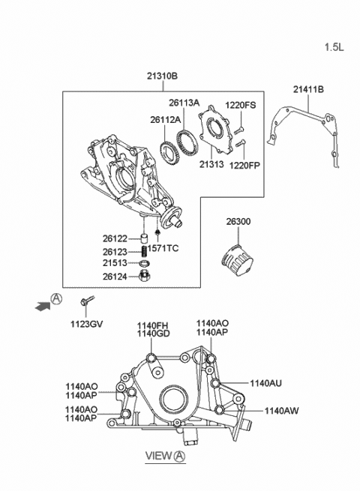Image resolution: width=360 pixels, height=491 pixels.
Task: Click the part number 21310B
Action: tap(162, 76)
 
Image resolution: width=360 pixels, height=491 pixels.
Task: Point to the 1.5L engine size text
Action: tap(334, 47)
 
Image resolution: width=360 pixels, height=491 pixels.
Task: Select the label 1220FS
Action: tap(241, 106)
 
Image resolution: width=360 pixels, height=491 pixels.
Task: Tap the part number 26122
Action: tap(115, 239)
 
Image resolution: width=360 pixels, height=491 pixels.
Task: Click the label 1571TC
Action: tap(163, 248)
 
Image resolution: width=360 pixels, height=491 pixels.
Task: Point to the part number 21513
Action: tap(115, 263)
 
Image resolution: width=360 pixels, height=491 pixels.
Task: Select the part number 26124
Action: tap(115, 276)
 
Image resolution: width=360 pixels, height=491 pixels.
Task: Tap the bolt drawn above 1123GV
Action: tap(84, 304)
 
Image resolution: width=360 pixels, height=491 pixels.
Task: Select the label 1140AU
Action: tap(265, 383)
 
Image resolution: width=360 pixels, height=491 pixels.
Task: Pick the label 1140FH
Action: tap(152, 325)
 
